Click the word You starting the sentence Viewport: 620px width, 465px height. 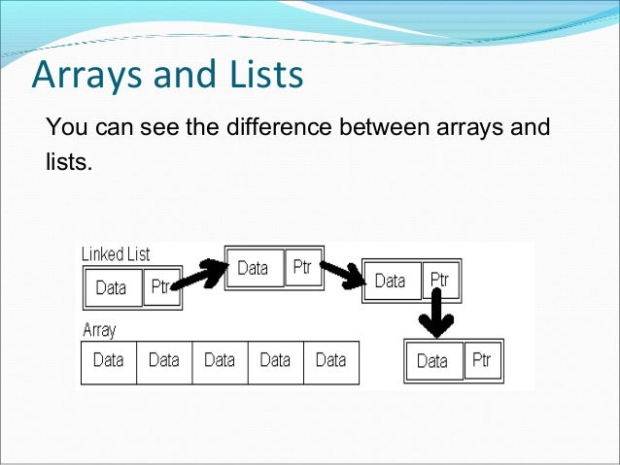[64, 127]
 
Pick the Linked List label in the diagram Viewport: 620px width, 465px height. [116, 254]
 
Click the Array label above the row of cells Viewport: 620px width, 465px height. [99, 330]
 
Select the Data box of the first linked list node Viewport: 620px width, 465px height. [112, 287]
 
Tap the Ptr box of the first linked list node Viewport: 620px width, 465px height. [161, 287]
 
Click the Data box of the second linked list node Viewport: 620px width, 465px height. [253, 268]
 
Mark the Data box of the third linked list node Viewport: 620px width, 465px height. [391, 282]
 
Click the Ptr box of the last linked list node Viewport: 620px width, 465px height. [482, 360]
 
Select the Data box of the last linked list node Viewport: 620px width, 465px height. [432, 361]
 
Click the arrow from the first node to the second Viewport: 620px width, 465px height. [202, 274]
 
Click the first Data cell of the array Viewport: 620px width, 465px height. [108, 361]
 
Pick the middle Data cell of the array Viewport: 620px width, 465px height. [220, 361]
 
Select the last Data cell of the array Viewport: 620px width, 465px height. [330, 361]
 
